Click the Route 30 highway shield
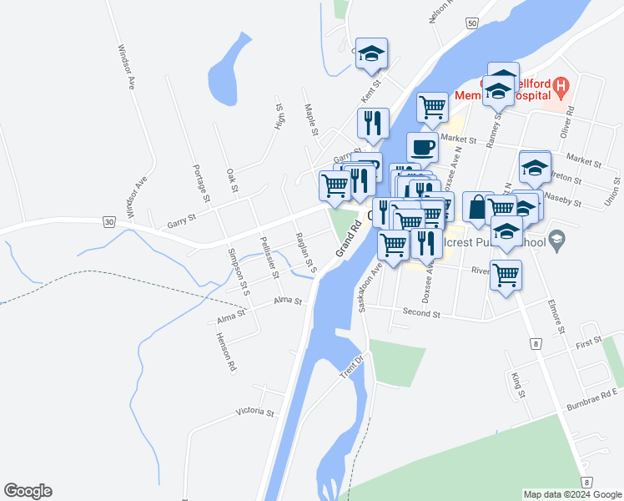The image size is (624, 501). coord(110,221)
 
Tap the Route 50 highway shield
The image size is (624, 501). coord(472,24)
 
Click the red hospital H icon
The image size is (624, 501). coord(561,85)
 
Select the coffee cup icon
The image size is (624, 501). coord(423,147)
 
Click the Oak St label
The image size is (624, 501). coord(233,181)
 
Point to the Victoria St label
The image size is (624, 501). coord(254,412)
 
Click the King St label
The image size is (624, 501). coord(516,384)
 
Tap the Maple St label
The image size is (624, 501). coord(311,120)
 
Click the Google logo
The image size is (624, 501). coord(28,491)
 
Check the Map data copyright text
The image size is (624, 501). coord(571,494)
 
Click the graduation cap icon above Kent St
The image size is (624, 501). coord(371,53)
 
